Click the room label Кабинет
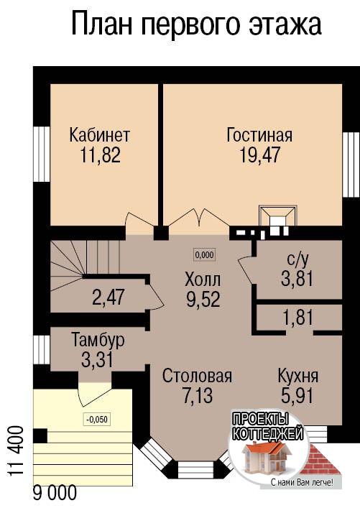pyautogui.click(x=99, y=135)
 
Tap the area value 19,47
pyautogui.click(x=259, y=155)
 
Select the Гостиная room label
pyautogui.click(x=259, y=135)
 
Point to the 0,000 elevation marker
pyautogui.click(x=205, y=255)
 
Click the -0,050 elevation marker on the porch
pyautogui.click(x=97, y=420)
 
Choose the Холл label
pyautogui.click(x=203, y=280)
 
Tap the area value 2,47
pyautogui.click(x=108, y=297)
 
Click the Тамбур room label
pyautogui.click(x=98, y=340)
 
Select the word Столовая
pyautogui.click(x=197, y=376)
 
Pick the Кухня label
pyautogui.click(x=297, y=376)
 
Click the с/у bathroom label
pyautogui.click(x=297, y=259)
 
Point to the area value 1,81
pyautogui.click(x=297, y=318)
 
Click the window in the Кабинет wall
pyautogui.click(x=42, y=154)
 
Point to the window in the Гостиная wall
pyautogui.click(x=351, y=165)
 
